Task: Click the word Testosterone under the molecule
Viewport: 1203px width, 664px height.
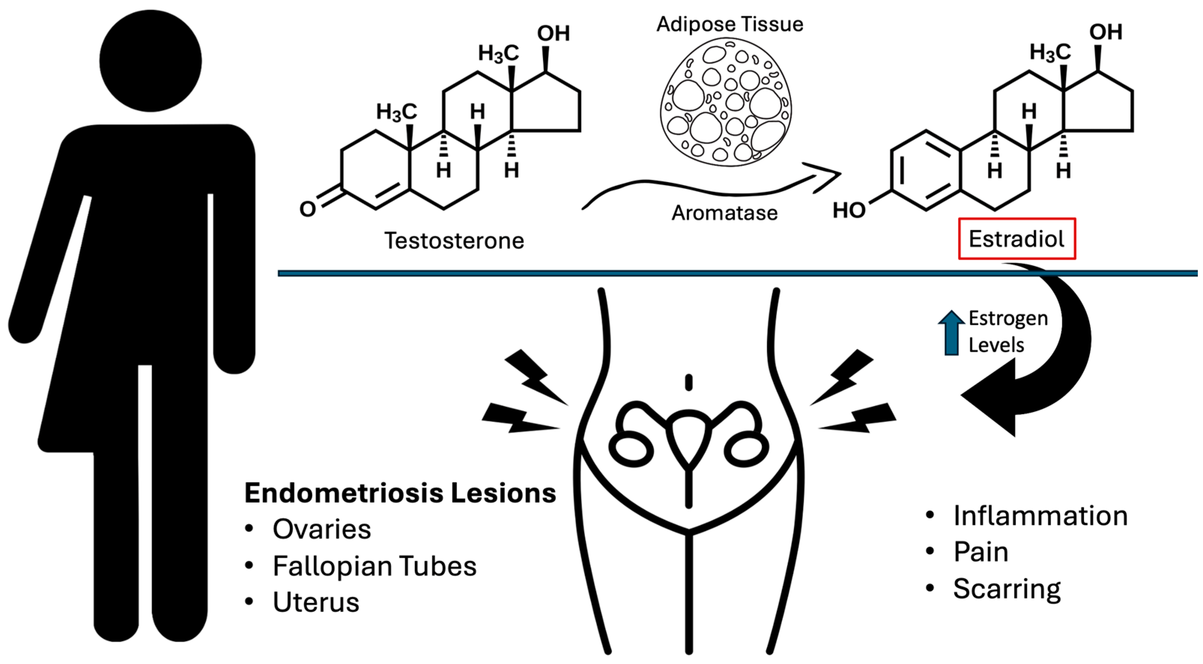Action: tap(454, 241)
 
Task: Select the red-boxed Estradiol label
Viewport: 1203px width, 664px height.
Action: tap(1016, 239)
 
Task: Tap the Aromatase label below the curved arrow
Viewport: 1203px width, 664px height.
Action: tap(724, 213)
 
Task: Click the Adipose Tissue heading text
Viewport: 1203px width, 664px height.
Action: tap(730, 24)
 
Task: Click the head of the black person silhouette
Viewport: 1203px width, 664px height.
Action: tap(151, 61)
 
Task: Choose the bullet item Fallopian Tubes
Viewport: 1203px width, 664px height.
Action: tap(375, 566)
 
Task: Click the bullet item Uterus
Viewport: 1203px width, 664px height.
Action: tap(316, 602)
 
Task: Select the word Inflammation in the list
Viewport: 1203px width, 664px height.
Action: tap(1040, 516)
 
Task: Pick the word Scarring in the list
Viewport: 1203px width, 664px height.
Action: tap(1007, 589)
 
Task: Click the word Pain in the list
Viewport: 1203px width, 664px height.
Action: tap(981, 552)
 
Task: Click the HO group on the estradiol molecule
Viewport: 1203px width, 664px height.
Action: tap(849, 211)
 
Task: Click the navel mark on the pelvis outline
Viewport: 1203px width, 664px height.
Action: tap(688, 383)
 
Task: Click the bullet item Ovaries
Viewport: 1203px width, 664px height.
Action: tap(322, 530)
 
